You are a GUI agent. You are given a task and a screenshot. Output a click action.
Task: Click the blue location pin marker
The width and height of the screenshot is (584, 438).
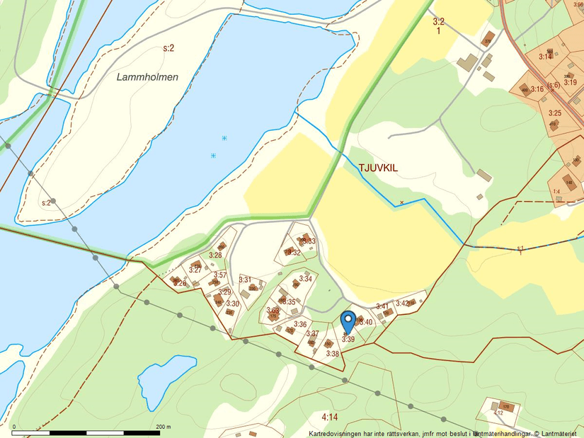click(x=348, y=322)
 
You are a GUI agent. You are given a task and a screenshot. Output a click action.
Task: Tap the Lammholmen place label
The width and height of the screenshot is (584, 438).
click(x=147, y=77)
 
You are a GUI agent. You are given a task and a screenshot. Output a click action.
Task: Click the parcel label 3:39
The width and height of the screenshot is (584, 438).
click(x=348, y=339)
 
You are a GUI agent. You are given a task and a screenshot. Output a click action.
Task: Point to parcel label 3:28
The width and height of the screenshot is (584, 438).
click(x=215, y=255)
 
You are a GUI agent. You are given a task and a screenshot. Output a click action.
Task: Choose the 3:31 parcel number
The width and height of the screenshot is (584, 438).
click(x=245, y=280)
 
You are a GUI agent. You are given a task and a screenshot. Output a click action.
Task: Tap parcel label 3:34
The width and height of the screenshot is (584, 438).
click(x=306, y=279)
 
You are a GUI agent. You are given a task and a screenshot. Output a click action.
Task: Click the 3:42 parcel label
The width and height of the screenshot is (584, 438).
click(x=402, y=303)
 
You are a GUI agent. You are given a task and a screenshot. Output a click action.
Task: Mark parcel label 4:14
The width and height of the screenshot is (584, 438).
click(x=328, y=417)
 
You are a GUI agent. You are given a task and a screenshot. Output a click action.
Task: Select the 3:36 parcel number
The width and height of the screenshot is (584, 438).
click(x=300, y=324)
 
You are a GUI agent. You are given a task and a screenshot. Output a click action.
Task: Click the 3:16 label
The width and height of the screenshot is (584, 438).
click(x=537, y=89)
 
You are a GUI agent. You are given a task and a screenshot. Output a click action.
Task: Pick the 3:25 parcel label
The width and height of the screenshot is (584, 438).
click(x=555, y=113)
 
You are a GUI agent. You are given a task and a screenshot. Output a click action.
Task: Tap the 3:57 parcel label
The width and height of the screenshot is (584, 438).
click(x=220, y=275)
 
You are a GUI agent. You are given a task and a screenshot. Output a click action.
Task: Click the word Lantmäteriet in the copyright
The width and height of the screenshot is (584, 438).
click(x=560, y=433)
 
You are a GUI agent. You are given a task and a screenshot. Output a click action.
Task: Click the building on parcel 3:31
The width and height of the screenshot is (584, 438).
click(x=252, y=288)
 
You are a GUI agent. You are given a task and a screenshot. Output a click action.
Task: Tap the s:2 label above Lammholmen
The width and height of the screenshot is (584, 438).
click(x=168, y=48)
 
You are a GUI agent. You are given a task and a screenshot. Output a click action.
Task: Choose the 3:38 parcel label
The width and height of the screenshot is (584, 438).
click(x=333, y=353)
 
